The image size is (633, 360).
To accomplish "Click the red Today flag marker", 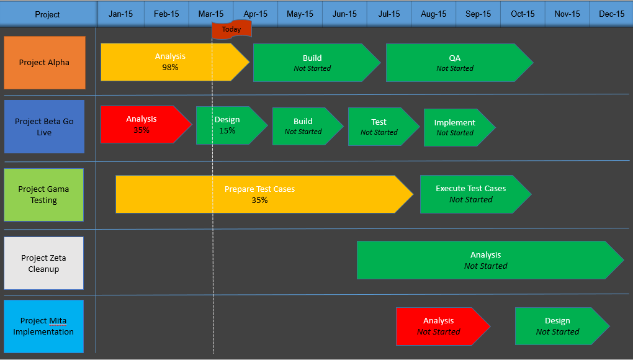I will (231, 29).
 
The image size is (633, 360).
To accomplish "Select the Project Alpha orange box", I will (44, 63).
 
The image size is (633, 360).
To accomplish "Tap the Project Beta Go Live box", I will (44, 127).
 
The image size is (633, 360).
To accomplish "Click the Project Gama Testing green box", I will (43, 195).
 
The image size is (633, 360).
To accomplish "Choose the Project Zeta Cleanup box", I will (43, 263).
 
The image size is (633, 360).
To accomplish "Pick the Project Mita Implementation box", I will (43, 326).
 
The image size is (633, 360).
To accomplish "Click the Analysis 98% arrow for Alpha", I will (170, 62).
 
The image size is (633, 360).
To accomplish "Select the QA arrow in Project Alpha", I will (455, 63).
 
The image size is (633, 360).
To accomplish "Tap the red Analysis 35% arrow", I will (142, 125).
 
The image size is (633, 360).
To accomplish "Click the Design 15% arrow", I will (227, 125).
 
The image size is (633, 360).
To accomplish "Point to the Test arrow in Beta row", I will (379, 127).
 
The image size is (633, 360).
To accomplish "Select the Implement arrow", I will (455, 127).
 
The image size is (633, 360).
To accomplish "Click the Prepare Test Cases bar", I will (259, 194).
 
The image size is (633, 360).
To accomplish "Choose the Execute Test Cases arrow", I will (471, 194).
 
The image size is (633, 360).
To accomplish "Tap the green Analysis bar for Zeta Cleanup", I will (485, 260).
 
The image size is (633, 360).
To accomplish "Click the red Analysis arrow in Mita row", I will (439, 326).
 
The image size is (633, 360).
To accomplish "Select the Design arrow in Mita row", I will (557, 326).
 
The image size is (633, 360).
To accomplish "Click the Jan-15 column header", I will (120, 14).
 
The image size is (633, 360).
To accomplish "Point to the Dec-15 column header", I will (611, 14).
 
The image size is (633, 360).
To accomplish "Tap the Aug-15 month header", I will (433, 14).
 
